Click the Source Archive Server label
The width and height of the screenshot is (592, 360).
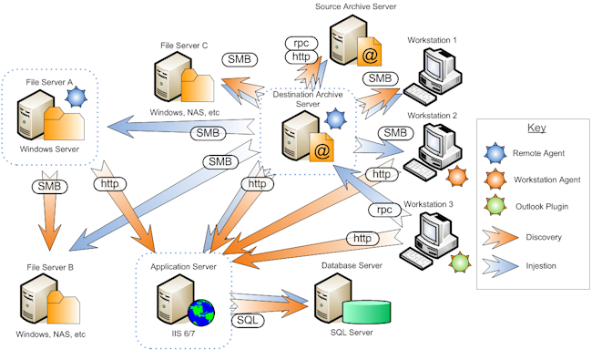(355, 6)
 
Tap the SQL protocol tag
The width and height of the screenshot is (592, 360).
(248, 320)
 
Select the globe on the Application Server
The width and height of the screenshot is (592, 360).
(201, 313)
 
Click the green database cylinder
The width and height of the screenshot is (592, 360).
(367, 312)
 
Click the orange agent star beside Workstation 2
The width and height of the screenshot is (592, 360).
(457, 177)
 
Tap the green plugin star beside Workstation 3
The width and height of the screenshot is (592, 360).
(460, 262)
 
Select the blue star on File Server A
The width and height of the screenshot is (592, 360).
(76, 98)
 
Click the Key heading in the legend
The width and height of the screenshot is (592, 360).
(536, 128)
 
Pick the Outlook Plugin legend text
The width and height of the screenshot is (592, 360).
(542, 207)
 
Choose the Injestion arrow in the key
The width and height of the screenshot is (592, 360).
(500, 266)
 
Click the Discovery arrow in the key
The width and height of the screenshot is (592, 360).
(500, 238)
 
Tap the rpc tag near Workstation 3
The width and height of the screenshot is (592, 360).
(384, 210)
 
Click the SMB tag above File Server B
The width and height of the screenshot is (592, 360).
(49, 187)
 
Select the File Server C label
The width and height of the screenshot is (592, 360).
(184, 46)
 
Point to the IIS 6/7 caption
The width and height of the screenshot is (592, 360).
(183, 334)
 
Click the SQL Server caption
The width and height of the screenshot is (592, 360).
(352, 333)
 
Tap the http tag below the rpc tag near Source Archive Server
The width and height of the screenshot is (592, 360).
(301, 57)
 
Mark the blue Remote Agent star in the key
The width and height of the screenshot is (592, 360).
(495, 153)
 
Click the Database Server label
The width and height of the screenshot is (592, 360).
(352, 265)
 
